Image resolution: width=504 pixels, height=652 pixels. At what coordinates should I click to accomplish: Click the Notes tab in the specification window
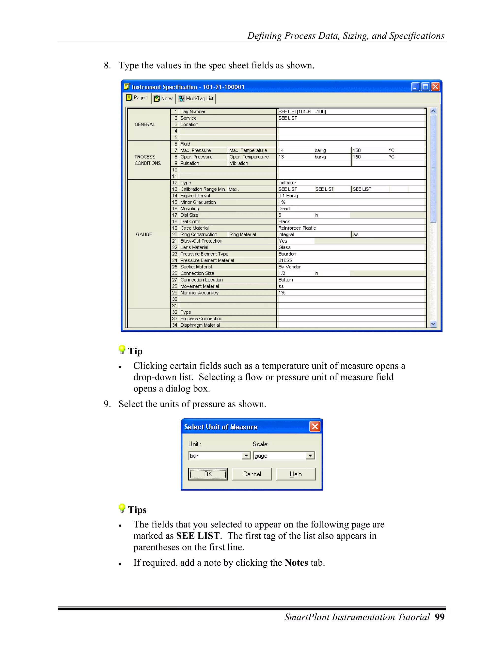pyautogui.click(x=164, y=98)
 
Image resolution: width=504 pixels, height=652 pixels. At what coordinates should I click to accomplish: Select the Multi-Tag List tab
pyautogui.click(x=196, y=98)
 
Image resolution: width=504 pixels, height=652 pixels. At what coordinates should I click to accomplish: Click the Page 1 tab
pyautogui.click(x=137, y=98)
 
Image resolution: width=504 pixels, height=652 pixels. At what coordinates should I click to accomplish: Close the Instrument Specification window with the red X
pyautogui.click(x=435, y=87)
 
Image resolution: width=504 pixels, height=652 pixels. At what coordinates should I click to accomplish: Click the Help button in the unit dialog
pyautogui.click(x=296, y=474)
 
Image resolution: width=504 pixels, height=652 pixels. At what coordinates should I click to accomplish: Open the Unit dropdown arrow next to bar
pyautogui.click(x=246, y=456)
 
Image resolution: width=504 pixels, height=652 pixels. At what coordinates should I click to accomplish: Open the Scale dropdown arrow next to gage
pyautogui.click(x=310, y=456)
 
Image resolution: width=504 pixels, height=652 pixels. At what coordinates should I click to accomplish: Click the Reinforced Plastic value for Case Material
pyautogui.click(x=297, y=228)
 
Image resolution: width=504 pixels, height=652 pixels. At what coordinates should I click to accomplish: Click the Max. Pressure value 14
pyautogui.click(x=281, y=151)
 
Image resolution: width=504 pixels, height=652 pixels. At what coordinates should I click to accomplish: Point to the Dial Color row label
pyautogui.click(x=190, y=221)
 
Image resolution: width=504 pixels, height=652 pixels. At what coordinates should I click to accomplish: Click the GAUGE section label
pyautogui.click(x=144, y=234)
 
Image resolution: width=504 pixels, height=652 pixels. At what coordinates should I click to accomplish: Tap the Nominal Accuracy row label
pyautogui.click(x=199, y=293)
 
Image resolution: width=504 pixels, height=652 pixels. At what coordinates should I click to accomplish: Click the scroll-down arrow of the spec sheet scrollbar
pyautogui.click(x=433, y=324)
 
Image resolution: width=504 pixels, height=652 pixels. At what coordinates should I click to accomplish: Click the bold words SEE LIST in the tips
pyautogui.click(x=198, y=536)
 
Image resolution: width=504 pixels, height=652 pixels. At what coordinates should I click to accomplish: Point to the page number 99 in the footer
pyautogui.click(x=440, y=617)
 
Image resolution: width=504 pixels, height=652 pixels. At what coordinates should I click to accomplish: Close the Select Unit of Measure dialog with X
pyautogui.click(x=315, y=426)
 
